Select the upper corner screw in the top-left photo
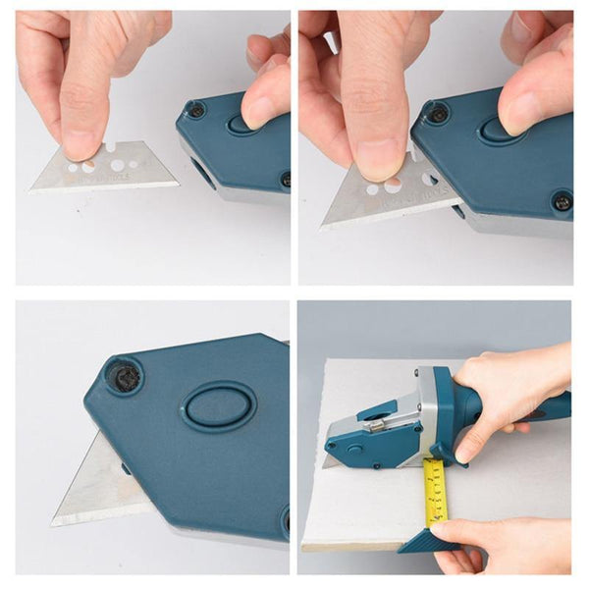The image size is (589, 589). (197, 111)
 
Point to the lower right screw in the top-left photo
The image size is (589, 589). (286, 179)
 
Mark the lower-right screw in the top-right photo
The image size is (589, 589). (562, 202)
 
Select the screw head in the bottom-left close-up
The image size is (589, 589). (125, 376)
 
